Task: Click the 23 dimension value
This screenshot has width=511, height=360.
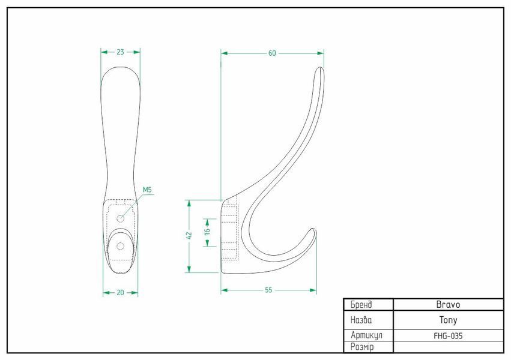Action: (120, 52)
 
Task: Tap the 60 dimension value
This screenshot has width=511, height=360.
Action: (272, 53)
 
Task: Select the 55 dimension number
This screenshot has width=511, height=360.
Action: (268, 290)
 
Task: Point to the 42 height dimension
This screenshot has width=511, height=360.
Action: (189, 236)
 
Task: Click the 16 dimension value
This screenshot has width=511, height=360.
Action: (207, 231)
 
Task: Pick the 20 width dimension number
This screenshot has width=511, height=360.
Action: (120, 293)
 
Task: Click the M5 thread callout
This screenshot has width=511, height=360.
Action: (147, 190)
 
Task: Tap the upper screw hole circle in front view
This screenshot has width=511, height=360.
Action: (121, 218)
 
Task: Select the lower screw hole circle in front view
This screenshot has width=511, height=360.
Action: (120, 246)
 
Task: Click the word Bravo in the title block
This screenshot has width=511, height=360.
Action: (448, 305)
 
